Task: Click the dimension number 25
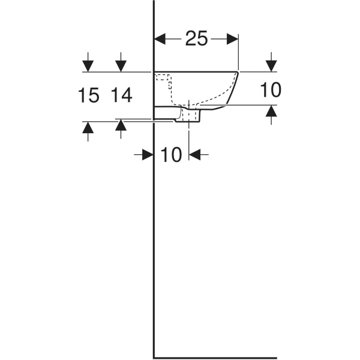[x=196, y=38]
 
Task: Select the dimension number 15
[x=89, y=95]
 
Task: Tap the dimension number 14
[x=121, y=95]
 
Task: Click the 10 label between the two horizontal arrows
[x=171, y=155]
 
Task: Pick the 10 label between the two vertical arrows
[x=271, y=90]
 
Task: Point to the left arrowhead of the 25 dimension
[x=160, y=38]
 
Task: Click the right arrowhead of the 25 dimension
[x=233, y=38]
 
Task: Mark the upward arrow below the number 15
[x=89, y=127]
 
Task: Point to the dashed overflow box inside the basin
[x=164, y=79]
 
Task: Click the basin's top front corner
[x=238, y=72]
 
